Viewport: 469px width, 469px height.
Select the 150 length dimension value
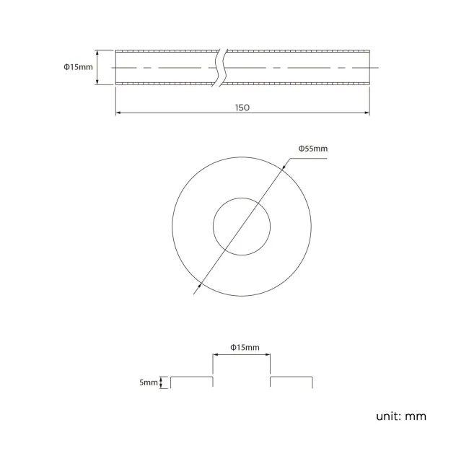point(242,107)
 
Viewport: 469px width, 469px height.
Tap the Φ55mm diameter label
point(313,149)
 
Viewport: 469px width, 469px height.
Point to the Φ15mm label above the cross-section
point(245,347)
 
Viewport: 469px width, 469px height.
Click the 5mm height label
point(149,382)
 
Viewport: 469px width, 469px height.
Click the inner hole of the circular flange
point(242,227)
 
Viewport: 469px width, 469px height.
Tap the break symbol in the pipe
point(222,67)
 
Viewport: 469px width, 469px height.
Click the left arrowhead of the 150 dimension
point(118,113)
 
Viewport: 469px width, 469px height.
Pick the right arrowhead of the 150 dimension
point(367,113)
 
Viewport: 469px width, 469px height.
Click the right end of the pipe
point(369,67)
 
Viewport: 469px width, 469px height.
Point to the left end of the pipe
point(116,67)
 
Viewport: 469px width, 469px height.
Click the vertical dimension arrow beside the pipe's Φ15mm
point(98,67)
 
